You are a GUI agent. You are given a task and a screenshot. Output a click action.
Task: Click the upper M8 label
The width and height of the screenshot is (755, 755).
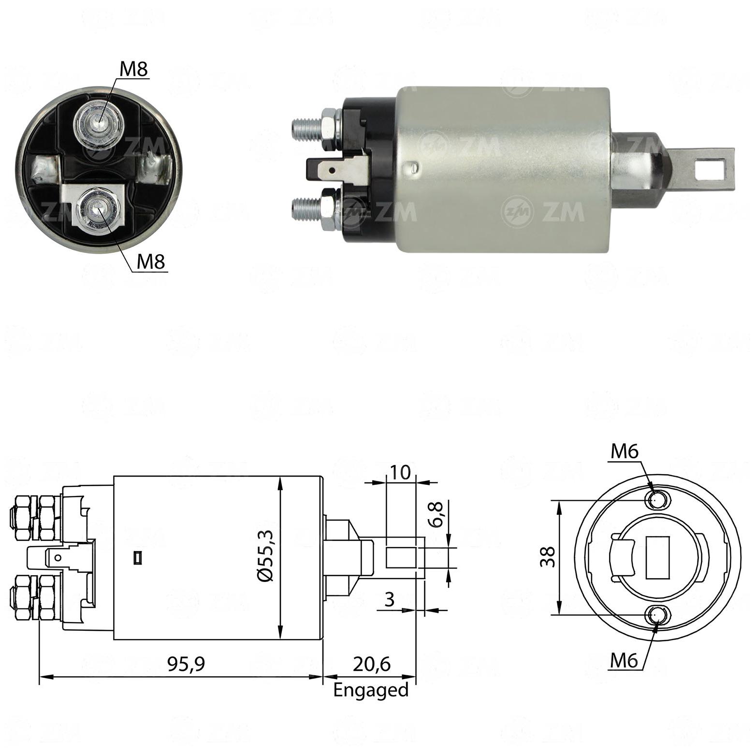(133, 69)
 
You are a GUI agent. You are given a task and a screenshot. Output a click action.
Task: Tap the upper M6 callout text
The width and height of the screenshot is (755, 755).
(624, 451)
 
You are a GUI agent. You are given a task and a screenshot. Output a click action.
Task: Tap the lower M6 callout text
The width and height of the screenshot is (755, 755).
(624, 660)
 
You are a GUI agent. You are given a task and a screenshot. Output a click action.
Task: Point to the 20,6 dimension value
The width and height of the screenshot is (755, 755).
(371, 664)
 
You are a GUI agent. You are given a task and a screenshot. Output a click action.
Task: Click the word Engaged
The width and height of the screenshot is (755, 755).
(371, 690)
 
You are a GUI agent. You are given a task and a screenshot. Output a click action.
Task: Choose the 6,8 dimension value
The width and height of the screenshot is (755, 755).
(435, 514)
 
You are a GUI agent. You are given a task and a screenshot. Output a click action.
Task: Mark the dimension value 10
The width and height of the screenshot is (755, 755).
(400, 472)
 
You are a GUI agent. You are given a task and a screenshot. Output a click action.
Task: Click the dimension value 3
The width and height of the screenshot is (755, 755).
(390, 599)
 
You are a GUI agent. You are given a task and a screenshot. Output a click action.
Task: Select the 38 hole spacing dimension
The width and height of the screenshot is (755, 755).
(548, 557)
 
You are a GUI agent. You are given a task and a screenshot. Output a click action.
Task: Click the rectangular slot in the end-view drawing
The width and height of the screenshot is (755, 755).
(658, 557)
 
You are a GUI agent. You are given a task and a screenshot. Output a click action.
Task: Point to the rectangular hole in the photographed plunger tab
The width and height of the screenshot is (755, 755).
(710, 169)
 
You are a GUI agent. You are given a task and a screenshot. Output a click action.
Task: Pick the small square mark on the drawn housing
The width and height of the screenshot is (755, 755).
(137, 558)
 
